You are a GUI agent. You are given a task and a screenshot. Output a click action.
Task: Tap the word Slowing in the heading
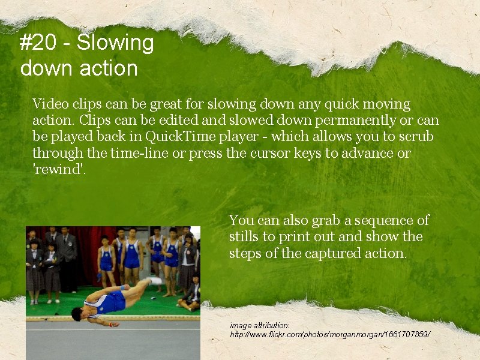[115, 43]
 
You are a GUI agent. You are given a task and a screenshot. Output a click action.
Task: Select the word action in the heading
[110, 68]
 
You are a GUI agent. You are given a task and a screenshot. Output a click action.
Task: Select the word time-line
[140, 153]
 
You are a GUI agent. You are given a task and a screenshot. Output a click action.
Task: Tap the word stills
[244, 237]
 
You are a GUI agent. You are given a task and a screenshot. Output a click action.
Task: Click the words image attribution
[260, 325]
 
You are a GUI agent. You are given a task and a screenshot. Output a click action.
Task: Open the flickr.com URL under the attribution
[331, 333]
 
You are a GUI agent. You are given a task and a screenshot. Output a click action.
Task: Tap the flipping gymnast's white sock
[155, 281]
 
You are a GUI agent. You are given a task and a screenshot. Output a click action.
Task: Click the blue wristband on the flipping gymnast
[122, 287]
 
